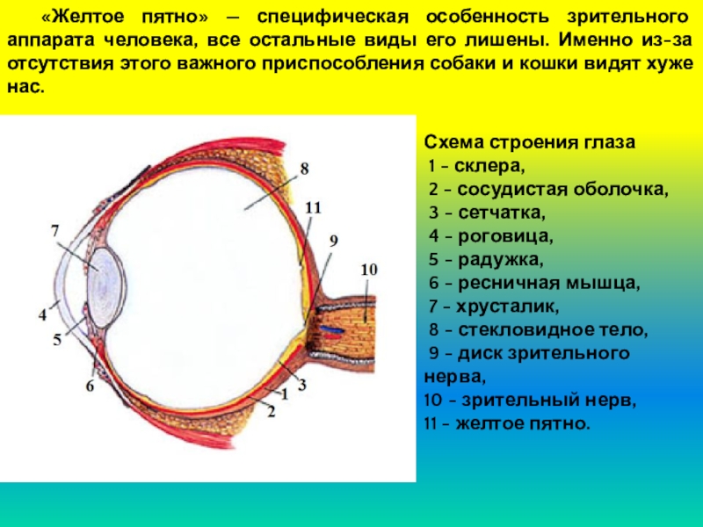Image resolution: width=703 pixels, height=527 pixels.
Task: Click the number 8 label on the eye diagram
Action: [x=304, y=166]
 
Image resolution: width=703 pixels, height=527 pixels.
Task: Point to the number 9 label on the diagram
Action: [x=333, y=239]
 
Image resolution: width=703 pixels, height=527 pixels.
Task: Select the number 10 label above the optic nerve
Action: [x=369, y=269]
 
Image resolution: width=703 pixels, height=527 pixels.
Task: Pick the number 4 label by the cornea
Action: [x=41, y=313]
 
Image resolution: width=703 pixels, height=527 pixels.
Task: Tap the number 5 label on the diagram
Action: [x=57, y=339]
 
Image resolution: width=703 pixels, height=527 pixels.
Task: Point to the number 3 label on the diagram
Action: [x=301, y=384]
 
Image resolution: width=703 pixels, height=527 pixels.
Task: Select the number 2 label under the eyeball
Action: [x=271, y=410]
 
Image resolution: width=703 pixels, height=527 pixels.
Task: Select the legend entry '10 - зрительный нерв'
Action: [x=529, y=400]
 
